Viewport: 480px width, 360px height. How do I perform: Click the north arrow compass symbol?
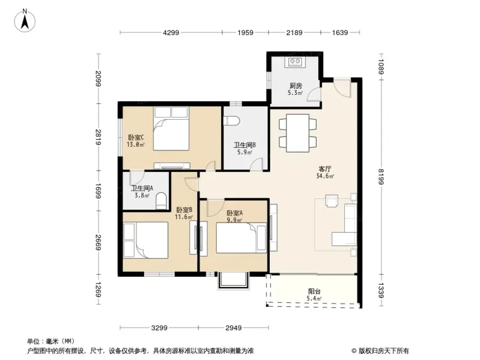pyautogui.click(x=25, y=20)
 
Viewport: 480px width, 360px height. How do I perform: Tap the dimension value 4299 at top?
pyautogui.click(x=171, y=32)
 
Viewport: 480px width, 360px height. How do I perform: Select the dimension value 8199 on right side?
pyautogui.click(x=381, y=177)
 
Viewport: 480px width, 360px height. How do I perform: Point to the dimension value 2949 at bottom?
pyautogui.click(x=233, y=328)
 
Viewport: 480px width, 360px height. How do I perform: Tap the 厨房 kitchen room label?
pyautogui.click(x=296, y=86)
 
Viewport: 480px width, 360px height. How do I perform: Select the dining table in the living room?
pyautogui.click(x=297, y=133)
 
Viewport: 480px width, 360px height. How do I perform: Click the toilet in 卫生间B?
pyautogui.click(x=231, y=120)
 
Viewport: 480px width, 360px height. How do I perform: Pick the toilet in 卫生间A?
pyautogui.click(x=161, y=201)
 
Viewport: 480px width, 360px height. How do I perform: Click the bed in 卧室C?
pyautogui.click(x=171, y=128)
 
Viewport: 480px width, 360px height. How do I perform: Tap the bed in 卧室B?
pyautogui.click(x=146, y=240)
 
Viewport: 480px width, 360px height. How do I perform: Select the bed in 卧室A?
pyautogui.click(x=241, y=238)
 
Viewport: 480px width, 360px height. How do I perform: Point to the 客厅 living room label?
pyautogui.click(x=325, y=169)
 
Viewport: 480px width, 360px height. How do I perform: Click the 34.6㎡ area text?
pyautogui.click(x=325, y=176)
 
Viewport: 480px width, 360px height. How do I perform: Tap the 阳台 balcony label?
pyautogui.click(x=314, y=292)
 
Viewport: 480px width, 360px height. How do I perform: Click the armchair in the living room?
pyautogui.click(x=331, y=201)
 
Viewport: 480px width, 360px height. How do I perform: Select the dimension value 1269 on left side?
pyautogui.click(x=98, y=289)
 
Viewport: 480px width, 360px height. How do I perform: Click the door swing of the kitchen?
pyautogui.click(x=314, y=94)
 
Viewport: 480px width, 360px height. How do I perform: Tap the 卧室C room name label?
pyautogui.click(x=136, y=137)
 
